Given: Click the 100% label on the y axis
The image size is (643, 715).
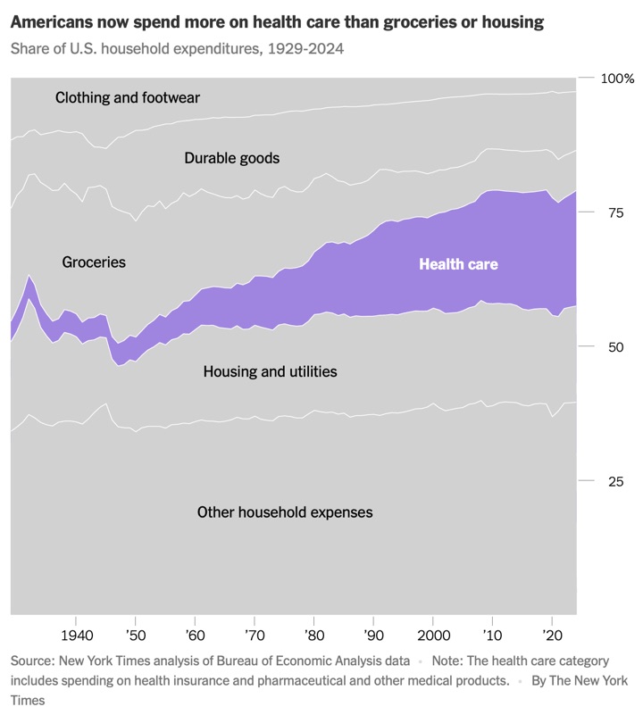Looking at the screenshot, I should pos(616,79).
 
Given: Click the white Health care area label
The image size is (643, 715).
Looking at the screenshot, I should pos(458,264).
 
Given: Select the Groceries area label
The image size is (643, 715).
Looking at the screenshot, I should pos(94,262).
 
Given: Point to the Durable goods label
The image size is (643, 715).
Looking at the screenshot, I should pos(232,158).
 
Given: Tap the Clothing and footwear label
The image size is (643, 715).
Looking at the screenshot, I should pos(128,97).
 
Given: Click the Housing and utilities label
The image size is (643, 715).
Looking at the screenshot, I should pos(271,371).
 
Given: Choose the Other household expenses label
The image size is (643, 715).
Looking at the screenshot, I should pos(285,512).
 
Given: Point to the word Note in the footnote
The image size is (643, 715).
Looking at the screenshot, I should pos(448,661).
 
